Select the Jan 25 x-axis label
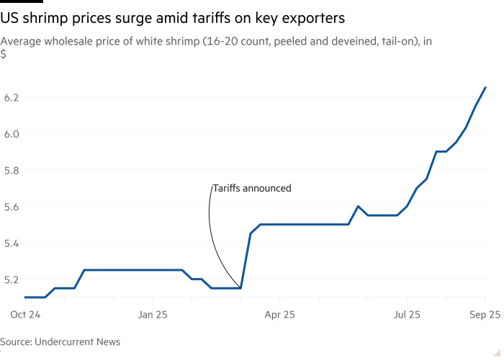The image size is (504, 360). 152,315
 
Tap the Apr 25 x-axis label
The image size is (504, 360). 279,315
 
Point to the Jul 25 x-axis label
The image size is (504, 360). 407,315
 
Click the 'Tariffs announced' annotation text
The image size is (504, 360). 251,189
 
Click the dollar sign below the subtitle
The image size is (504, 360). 4,54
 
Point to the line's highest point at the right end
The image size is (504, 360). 485,87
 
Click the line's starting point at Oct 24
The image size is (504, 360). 24,297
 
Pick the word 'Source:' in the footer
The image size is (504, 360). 17,342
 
